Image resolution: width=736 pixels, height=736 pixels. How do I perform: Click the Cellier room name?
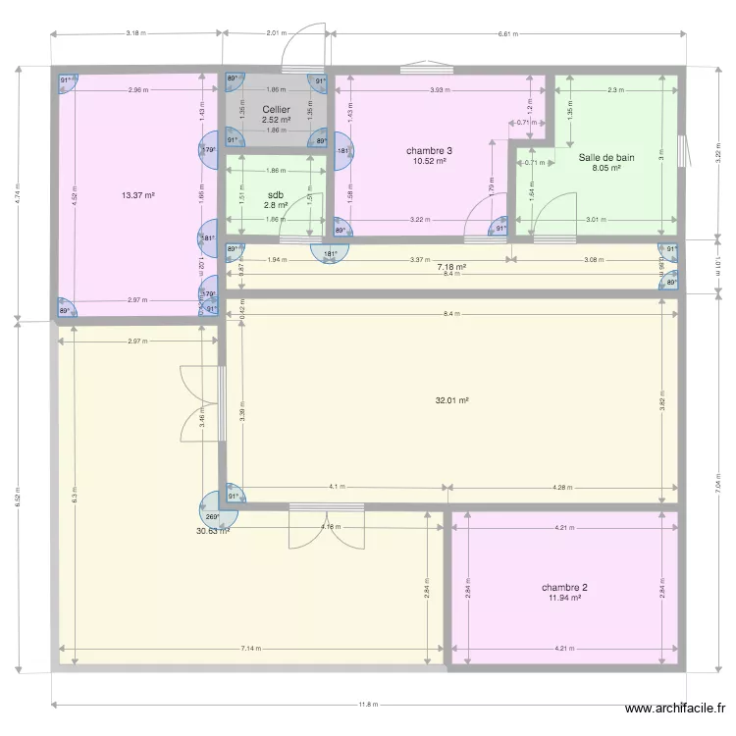coord(276,110)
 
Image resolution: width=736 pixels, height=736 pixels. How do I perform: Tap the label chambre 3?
coord(429,151)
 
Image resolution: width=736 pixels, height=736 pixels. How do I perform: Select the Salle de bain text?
coord(606,157)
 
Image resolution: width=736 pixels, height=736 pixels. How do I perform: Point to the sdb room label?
coord(276,195)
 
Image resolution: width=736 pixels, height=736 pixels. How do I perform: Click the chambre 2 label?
coord(564,588)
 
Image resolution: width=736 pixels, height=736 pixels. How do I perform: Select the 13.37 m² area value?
coord(137,195)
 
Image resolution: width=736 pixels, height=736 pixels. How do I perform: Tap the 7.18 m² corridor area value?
coord(451,266)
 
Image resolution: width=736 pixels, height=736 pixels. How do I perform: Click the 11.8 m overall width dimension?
coord(367,704)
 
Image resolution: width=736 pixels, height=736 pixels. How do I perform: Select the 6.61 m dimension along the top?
coord(506,33)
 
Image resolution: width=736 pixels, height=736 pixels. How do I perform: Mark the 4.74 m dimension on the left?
coord(17,193)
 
